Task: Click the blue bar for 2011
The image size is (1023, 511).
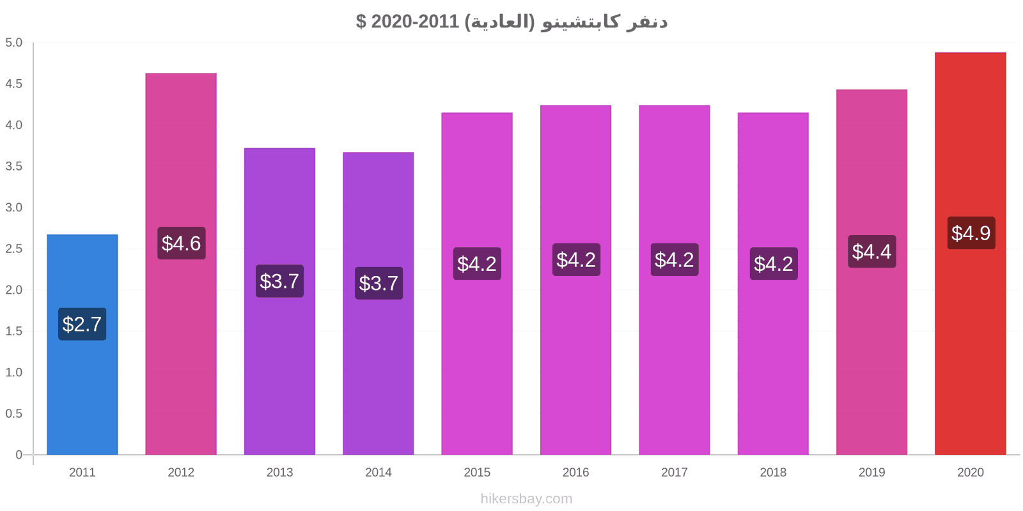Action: pos(82,344)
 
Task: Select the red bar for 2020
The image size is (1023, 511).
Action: pos(971,253)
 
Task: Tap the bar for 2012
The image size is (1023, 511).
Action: pos(181,264)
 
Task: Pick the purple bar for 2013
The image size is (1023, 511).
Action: pos(279,301)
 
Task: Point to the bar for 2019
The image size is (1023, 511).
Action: pos(872,272)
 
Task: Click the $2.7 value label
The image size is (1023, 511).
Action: pos(82,324)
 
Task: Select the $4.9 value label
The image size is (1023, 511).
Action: pos(971,233)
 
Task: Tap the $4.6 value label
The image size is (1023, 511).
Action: pos(182,243)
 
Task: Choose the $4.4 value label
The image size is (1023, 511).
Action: pos(872,252)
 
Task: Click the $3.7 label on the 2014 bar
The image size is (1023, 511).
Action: pos(379,284)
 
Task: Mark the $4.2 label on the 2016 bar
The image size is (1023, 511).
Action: pos(576,259)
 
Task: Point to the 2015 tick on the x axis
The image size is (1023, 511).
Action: pos(477,472)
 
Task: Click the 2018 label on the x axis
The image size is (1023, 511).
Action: pos(773,472)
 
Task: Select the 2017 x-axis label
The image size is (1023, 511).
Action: pos(674,472)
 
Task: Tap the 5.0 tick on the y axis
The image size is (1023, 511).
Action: pos(13,42)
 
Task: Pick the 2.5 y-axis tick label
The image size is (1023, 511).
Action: pos(13,248)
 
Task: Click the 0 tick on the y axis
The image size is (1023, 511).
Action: pos(19,454)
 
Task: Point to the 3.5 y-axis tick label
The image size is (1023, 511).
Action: pos(13,166)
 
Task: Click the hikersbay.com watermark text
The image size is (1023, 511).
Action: pos(526,499)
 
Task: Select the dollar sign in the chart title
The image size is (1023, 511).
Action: pos(361,22)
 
